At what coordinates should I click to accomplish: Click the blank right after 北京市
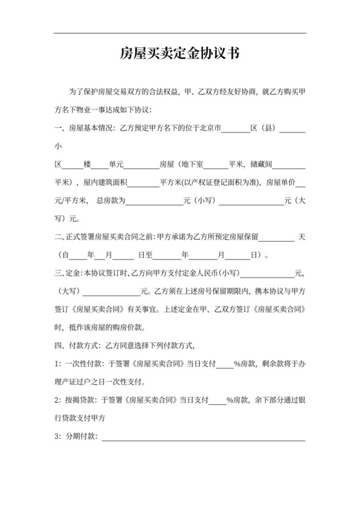[235, 129]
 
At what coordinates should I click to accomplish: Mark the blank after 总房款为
[154, 201]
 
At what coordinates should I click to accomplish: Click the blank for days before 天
[278, 237]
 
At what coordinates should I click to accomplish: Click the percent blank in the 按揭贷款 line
[217, 400]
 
